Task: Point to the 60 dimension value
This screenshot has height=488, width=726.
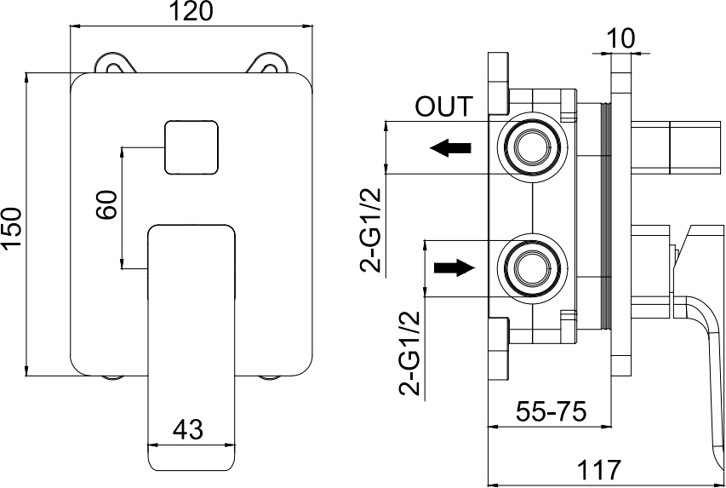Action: click(106, 205)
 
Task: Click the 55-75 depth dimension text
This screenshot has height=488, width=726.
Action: click(552, 412)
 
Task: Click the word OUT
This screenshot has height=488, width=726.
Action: click(443, 107)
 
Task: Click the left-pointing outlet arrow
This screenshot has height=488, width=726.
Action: click(450, 147)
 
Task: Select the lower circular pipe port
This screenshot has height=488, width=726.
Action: click(532, 267)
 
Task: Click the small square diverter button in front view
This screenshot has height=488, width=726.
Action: click(192, 146)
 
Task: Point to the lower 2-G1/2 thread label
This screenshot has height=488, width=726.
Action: click(411, 353)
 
